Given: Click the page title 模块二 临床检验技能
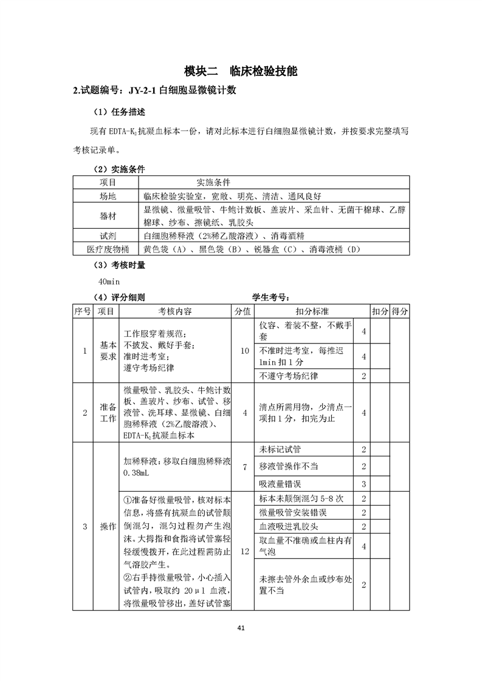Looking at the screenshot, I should click(241, 71).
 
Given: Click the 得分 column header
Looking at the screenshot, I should click(399, 311).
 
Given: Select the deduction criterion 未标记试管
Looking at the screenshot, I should click(280, 450).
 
